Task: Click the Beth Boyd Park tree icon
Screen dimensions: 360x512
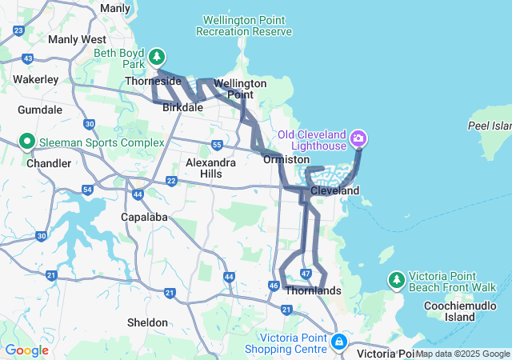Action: pyautogui.click(x=158, y=57)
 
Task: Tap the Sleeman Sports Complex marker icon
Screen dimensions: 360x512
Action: pyautogui.click(x=26, y=142)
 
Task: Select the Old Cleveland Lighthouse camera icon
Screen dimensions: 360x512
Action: pyautogui.click(x=358, y=138)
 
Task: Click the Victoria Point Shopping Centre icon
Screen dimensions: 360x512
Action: pyautogui.click(x=339, y=342)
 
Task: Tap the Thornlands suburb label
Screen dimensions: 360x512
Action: pyautogui.click(x=313, y=290)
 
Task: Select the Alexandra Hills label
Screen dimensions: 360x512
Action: pyautogui.click(x=210, y=167)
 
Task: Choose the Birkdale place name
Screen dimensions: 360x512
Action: pyautogui.click(x=182, y=106)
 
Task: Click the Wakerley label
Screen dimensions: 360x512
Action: pyautogui.click(x=36, y=79)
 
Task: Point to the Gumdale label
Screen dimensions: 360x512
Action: pyautogui.click(x=40, y=109)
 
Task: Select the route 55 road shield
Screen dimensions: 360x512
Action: pyautogui.click(x=218, y=145)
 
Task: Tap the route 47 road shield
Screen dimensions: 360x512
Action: pyautogui.click(x=306, y=274)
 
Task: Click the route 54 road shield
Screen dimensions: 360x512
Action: pyautogui.click(x=87, y=190)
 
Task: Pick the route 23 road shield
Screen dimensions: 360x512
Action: pyautogui.click(x=18, y=30)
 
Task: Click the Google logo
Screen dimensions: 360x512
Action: pyautogui.click(x=26, y=350)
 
